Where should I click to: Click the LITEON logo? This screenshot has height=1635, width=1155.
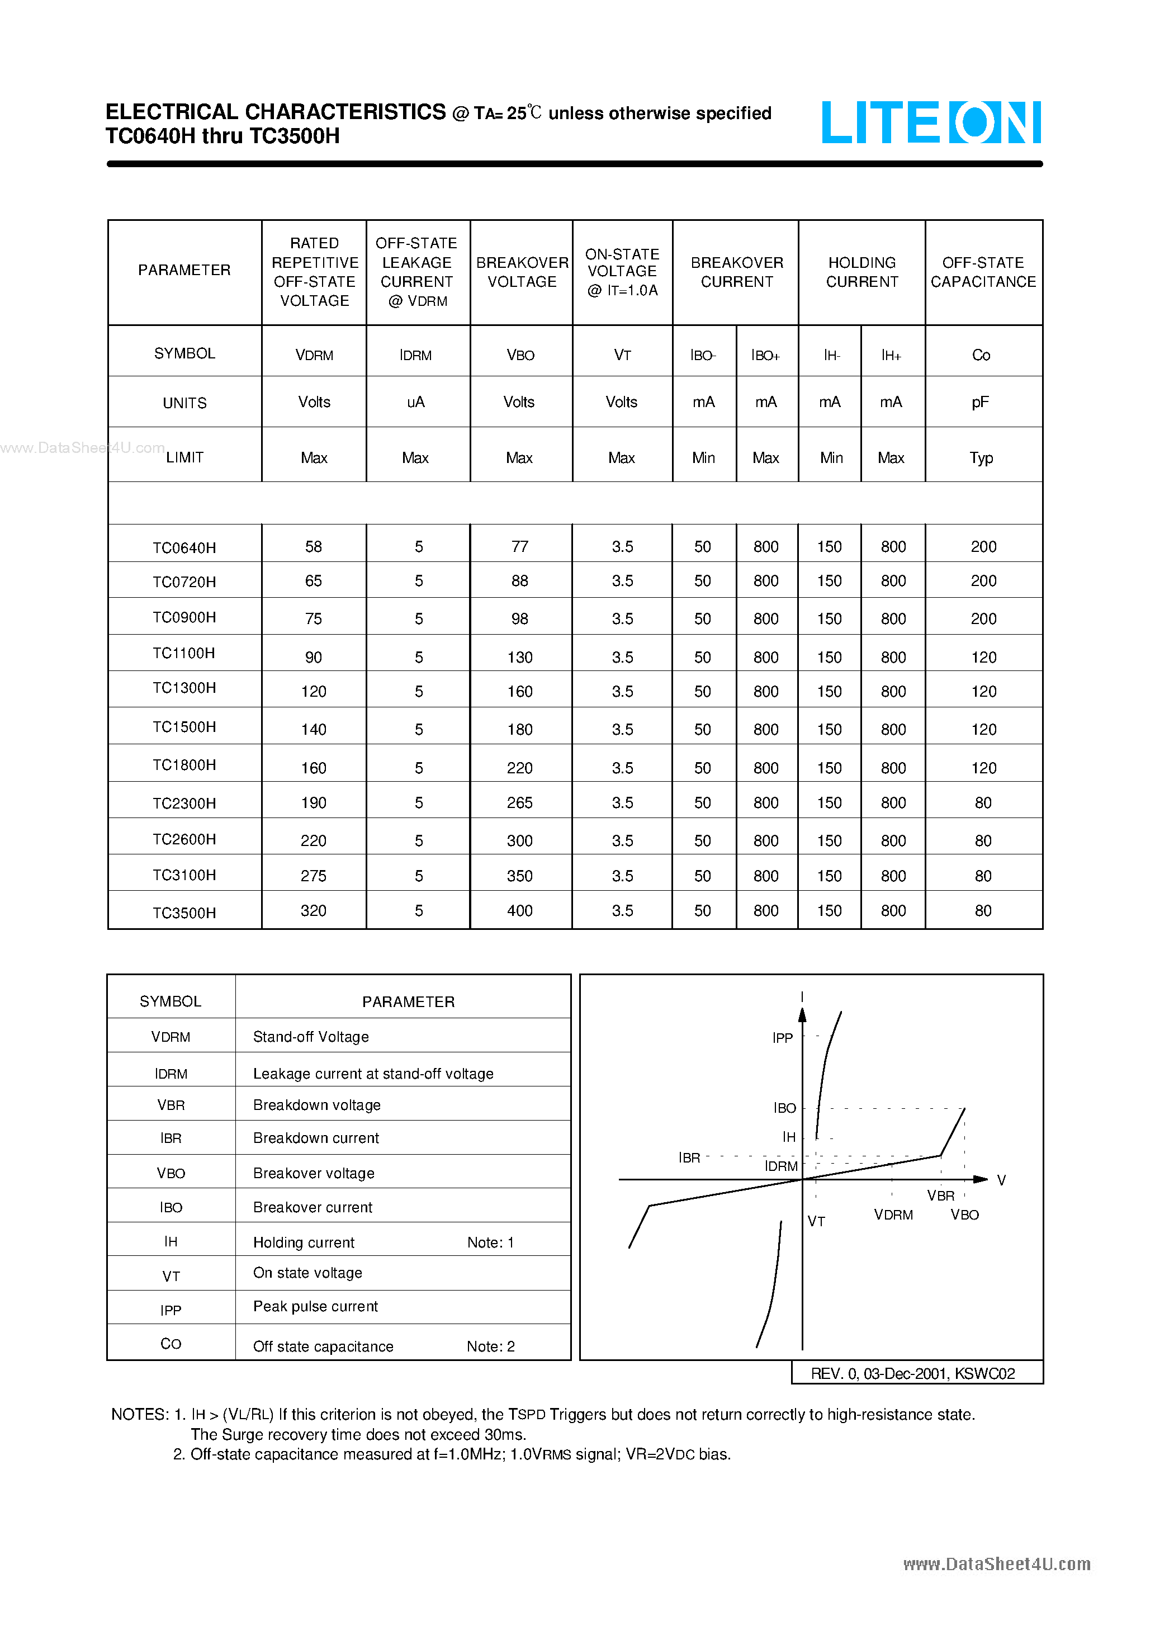tap(931, 122)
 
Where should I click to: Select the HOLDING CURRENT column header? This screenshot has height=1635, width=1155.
tap(861, 272)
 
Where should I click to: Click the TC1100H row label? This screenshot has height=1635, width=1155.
tap(184, 653)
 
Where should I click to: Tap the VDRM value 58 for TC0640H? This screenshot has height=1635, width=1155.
tap(313, 547)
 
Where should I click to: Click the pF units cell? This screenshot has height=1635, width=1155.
tap(981, 403)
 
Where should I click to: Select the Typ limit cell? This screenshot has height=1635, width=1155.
tap(981, 458)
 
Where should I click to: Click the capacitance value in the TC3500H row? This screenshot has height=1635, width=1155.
tap(983, 911)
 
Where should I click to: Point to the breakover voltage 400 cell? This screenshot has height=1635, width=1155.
tap(520, 911)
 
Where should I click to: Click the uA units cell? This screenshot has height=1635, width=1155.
tap(416, 403)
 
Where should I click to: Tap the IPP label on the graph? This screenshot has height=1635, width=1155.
tap(783, 1038)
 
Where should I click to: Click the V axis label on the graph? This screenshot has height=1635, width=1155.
tap(1001, 1180)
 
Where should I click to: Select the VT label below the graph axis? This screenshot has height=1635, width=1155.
tap(816, 1221)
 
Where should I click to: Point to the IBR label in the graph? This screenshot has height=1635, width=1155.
tap(689, 1158)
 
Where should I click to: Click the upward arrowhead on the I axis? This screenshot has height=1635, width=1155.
tap(803, 1015)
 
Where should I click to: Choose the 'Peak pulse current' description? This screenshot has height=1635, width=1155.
tap(315, 1307)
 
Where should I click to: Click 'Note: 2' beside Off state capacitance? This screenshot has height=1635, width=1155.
tap(491, 1346)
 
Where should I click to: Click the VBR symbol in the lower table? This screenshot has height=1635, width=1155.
tap(171, 1105)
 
